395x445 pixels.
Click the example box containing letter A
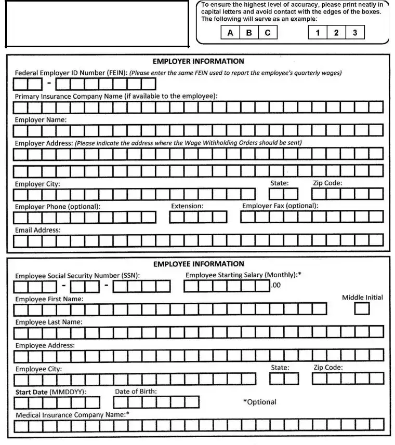[x=230, y=33]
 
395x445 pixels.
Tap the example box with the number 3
[x=355, y=33]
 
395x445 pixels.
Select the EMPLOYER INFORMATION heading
[x=198, y=61]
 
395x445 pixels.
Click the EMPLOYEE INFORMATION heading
[x=199, y=264]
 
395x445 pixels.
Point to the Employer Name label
[x=41, y=120]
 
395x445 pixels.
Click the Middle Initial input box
[x=362, y=309]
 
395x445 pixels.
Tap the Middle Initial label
[x=362, y=298]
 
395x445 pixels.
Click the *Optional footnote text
[x=260, y=402]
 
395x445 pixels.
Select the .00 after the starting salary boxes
[x=275, y=285]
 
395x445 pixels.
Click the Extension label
[x=187, y=206]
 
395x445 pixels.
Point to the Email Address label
[x=37, y=230]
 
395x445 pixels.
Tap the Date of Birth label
[x=136, y=392]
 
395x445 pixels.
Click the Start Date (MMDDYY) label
[x=50, y=392]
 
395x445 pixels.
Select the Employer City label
[x=37, y=184]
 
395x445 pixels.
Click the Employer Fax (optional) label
[x=280, y=206]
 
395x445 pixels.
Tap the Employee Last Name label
[x=49, y=322]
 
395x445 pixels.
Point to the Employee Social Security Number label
[x=77, y=276]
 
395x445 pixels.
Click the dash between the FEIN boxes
[x=48, y=83]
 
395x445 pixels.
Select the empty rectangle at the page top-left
[x=97, y=23]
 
